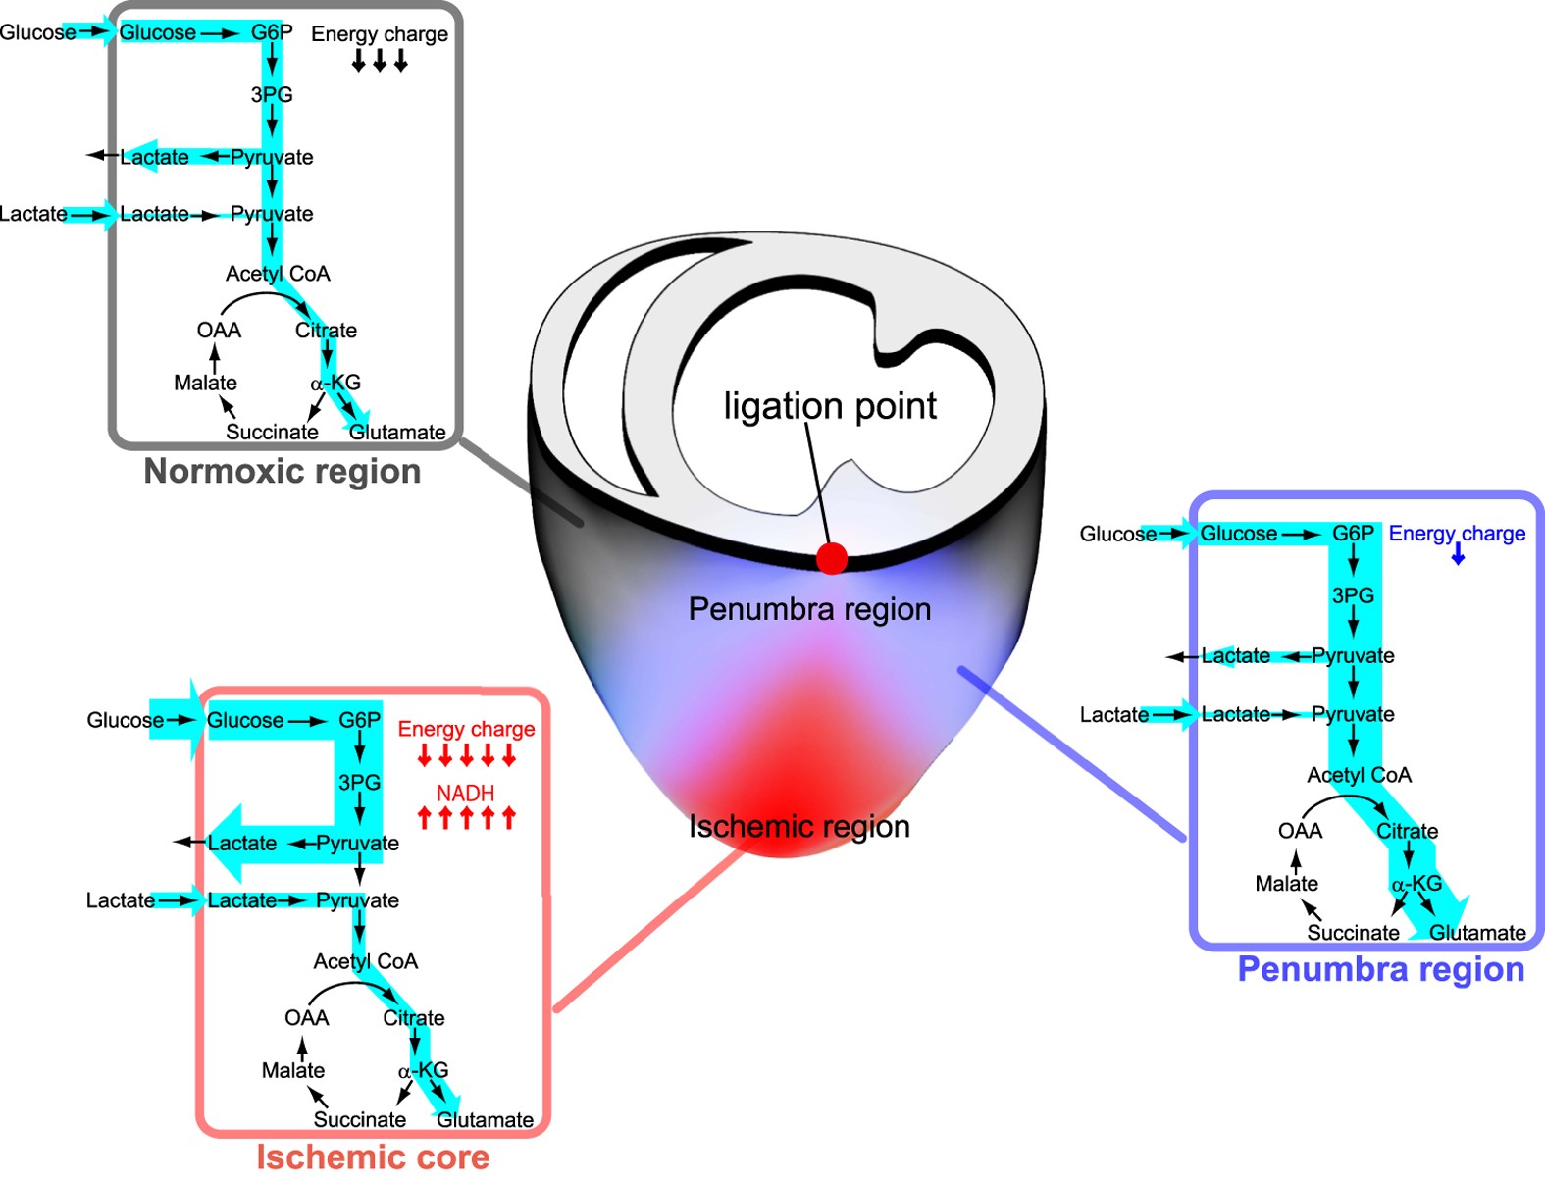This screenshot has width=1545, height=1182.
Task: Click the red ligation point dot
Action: pyautogui.click(x=832, y=558)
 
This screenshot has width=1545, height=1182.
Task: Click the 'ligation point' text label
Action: pyautogui.click(x=830, y=405)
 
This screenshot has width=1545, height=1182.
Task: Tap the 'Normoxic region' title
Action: pyautogui.click(x=283, y=472)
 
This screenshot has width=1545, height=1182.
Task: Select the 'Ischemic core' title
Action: pyautogui.click(x=373, y=1157)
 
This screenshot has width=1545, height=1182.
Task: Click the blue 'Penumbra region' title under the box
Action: pyautogui.click(x=1380, y=969)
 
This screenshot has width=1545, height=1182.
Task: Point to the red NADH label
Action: pyautogui.click(x=465, y=793)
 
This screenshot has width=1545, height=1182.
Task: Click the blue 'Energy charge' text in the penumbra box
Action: pyautogui.click(x=1457, y=534)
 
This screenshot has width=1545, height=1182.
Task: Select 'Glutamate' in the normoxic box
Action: pyautogui.click(x=397, y=433)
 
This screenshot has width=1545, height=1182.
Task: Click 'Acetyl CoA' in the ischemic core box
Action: pyautogui.click(x=365, y=961)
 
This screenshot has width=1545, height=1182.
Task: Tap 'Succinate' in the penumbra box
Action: pyautogui.click(x=1353, y=933)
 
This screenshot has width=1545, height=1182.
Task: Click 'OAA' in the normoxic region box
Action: pyautogui.click(x=219, y=331)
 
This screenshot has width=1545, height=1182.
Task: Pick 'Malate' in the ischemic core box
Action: pyautogui.click(x=292, y=1070)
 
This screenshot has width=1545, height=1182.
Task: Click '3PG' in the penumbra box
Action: pyautogui.click(x=1353, y=595)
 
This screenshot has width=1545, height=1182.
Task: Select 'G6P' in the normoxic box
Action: pyautogui.click(x=272, y=32)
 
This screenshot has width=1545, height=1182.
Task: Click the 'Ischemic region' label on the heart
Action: pyautogui.click(x=798, y=826)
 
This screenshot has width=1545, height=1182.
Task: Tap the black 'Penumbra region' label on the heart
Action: pyautogui.click(x=809, y=609)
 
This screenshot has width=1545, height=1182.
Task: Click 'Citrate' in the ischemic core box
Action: pyautogui.click(x=413, y=1018)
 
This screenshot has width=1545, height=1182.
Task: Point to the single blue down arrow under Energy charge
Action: pyautogui.click(x=1458, y=556)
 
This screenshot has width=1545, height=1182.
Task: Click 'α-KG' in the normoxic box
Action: pyautogui.click(x=335, y=383)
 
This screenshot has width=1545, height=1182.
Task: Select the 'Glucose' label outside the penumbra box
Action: pyautogui.click(x=1117, y=534)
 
